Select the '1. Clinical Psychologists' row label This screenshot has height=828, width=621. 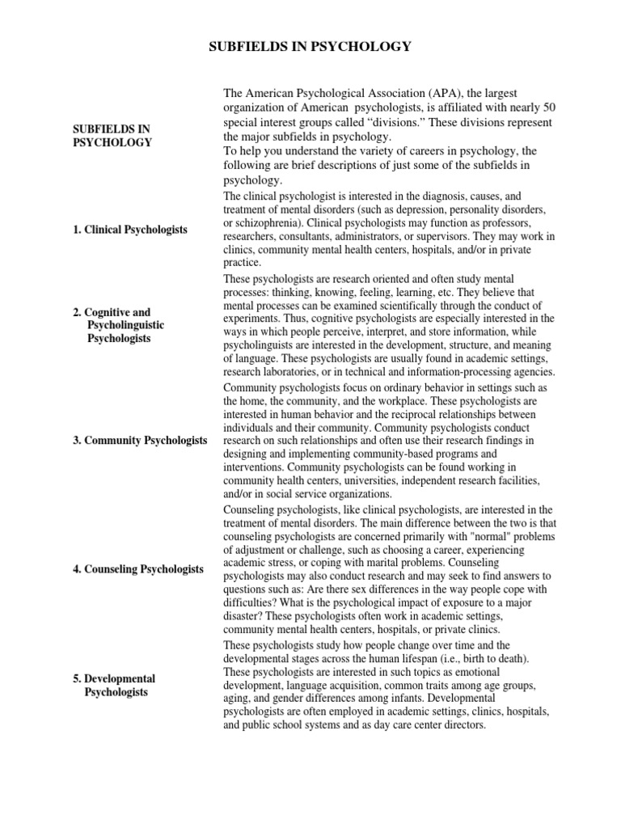(x=130, y=230)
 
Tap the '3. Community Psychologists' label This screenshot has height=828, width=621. (x=135, y=440)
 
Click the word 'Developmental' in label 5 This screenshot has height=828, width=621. (x=120, y=678)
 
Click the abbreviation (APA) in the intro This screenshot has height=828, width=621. (x=433, y=95)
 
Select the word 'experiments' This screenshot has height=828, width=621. (x=252, y=319)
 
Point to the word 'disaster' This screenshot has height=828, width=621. (x=243, y=615)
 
